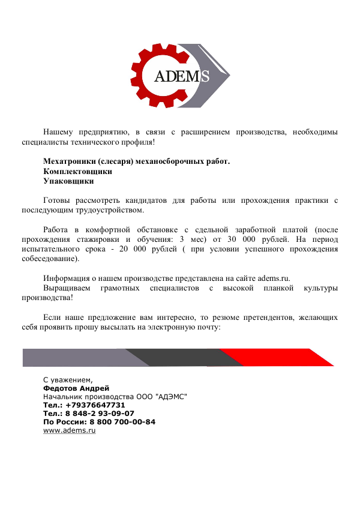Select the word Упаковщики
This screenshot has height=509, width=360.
(x=68, y=181)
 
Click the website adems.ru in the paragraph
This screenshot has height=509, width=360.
(x=274, y=279)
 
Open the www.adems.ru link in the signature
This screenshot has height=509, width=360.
(x=70, y=431)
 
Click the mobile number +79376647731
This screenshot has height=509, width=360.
(x=92, y=405)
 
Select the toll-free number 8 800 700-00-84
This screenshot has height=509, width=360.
(x=124, y=422)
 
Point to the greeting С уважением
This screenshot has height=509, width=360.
(x=68, y=379)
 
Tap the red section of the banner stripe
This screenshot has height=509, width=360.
(x=282, y=357)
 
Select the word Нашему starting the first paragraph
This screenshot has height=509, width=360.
(x=58, y=131)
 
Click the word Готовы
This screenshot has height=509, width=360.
(x=58, y=200)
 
